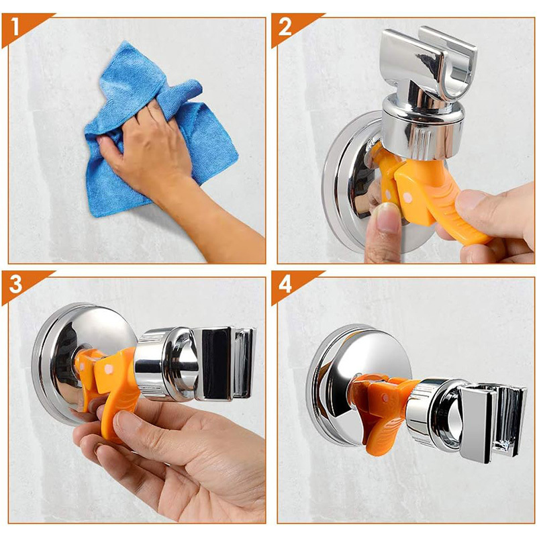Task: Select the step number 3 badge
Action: (15, 284)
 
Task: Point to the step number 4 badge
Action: (285, 284)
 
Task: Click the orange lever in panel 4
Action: (383, 411)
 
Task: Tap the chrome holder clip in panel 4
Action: (490, 422)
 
